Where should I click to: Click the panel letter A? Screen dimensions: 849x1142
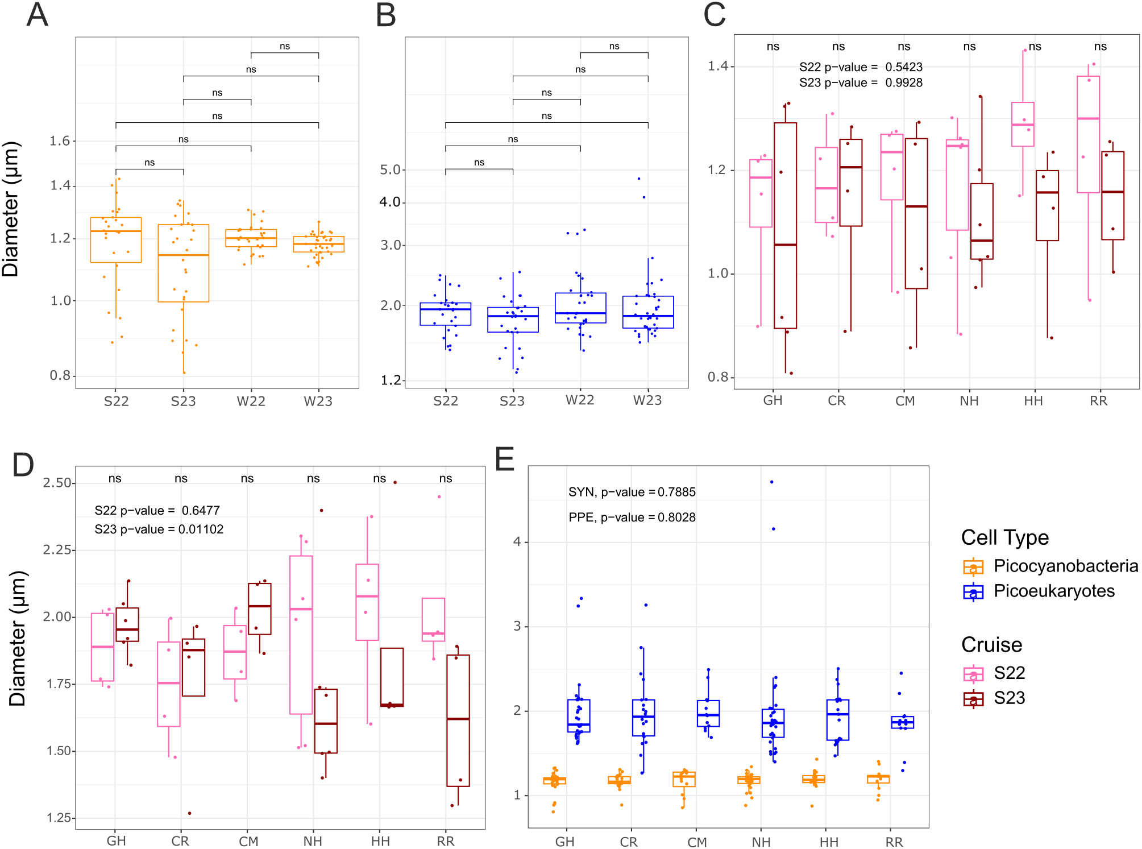(x=38, y=15)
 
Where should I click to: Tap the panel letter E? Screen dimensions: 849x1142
(x=505, y=459)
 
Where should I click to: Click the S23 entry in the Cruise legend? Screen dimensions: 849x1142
(x=1009, y=698)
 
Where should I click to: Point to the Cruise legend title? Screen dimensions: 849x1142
(x=991, y=645)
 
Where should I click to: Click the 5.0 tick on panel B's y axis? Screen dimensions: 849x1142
(x=391, y=170)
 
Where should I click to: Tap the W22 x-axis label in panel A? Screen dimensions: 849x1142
(x=251, y=401)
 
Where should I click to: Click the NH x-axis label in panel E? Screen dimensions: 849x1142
(x=761, y=842)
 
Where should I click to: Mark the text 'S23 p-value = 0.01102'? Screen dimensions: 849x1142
(x=159, y=529)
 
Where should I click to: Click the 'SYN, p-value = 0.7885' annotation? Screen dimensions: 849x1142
(x=632, y=492)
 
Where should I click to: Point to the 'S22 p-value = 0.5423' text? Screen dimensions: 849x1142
(x=861, y=67)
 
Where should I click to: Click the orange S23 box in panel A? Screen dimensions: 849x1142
(x=184, y=263)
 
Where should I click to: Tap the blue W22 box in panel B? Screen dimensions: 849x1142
(x=580, y=308)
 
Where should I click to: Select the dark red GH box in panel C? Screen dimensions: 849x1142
(x=785, y=225)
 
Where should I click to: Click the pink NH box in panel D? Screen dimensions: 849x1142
(x=301, y=634)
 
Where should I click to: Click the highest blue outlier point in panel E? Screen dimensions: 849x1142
(x=771, y=482)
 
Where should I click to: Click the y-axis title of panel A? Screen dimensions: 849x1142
(x=11, y=209)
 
